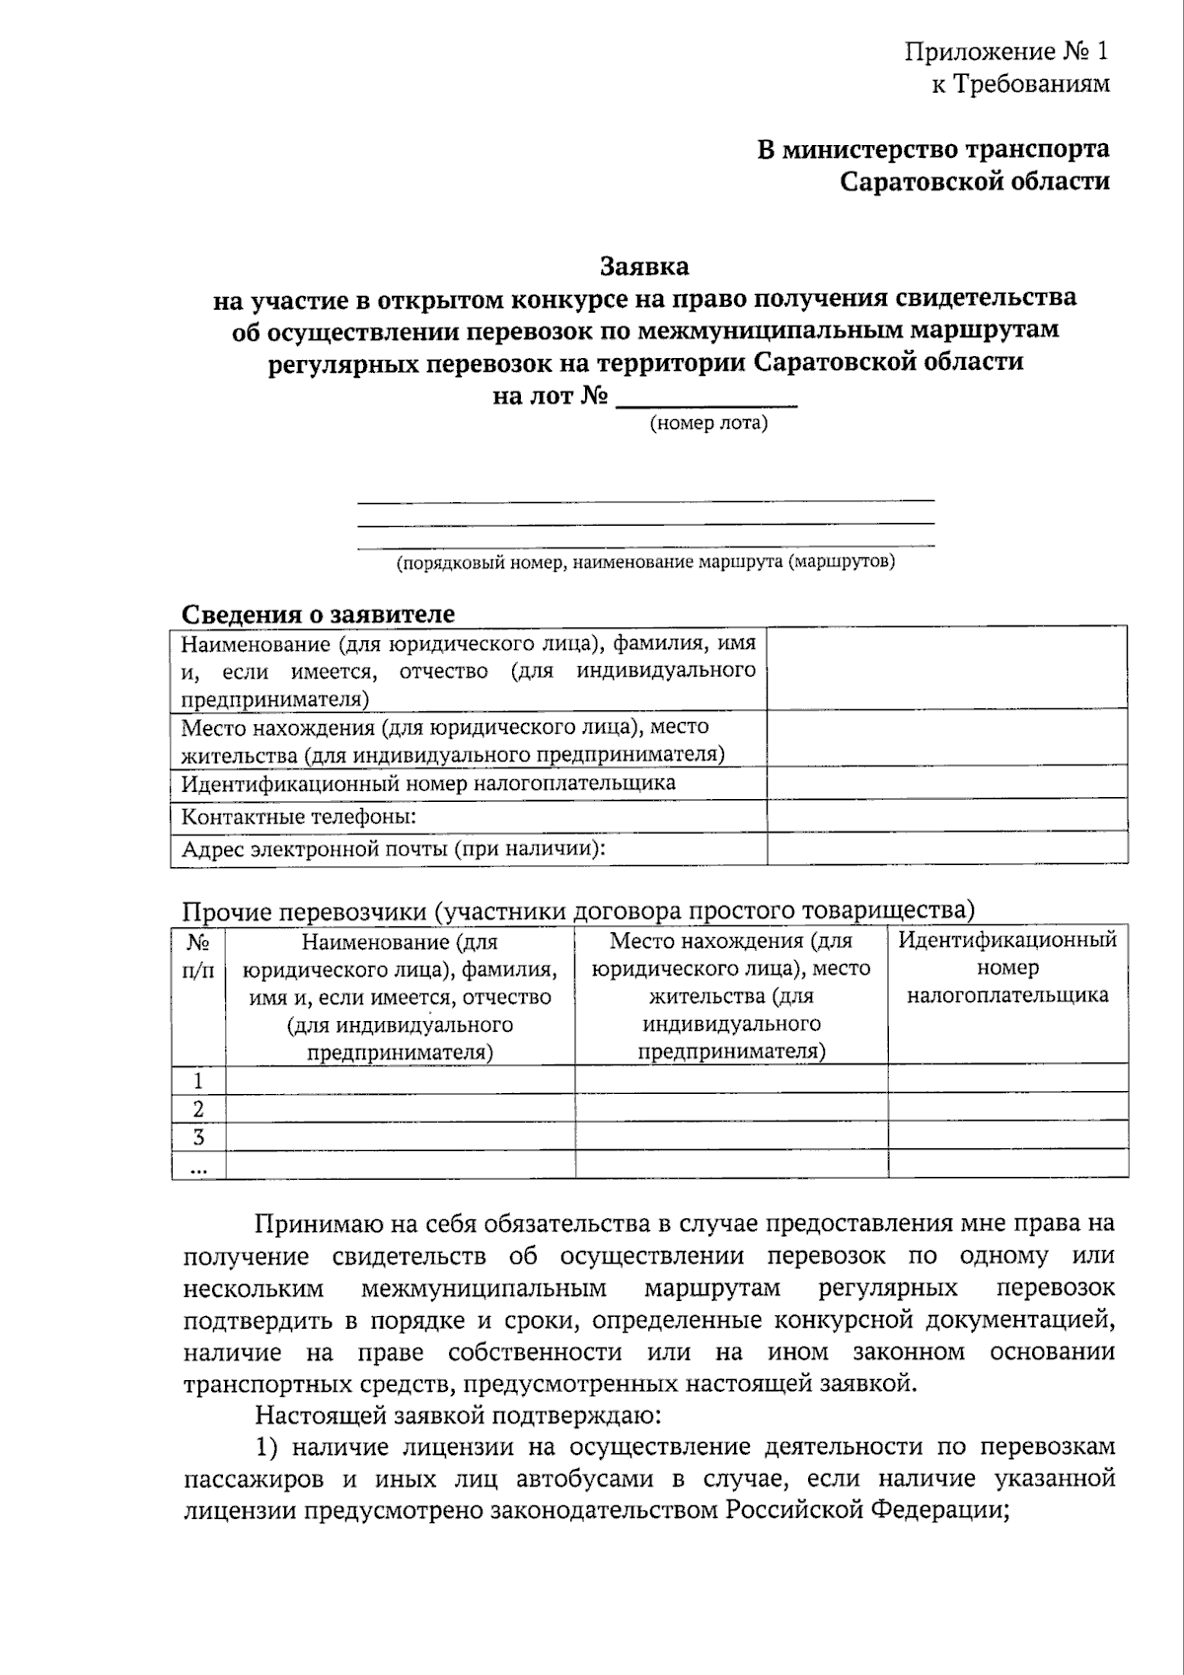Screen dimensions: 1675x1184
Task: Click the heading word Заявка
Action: (x=644, y=266)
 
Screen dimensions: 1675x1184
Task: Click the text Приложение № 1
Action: (x=1006, y=51)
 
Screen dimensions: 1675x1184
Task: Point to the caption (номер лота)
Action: (x=707, y=424)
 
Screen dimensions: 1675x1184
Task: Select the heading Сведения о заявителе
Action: (x=318, y=614)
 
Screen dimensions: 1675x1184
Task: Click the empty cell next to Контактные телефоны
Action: (x=946, y=816)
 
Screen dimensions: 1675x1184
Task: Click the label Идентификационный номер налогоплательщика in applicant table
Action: (x=428, y=783)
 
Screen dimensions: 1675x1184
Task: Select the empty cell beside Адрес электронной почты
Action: (x=946, y=848)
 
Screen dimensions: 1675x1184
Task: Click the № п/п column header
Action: (x=198, y=955)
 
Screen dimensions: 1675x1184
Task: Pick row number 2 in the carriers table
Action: (x=198, y=1108)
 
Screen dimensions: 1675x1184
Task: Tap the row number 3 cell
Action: (x=198, y=1135)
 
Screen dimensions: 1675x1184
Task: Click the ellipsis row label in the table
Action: (x=198, y=1165)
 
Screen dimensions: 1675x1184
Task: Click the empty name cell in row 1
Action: (x=400, y=1079)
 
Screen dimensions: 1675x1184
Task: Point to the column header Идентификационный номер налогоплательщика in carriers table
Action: (x=1007, y=967)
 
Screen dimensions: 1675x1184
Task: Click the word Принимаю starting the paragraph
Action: (x=308, y=1224)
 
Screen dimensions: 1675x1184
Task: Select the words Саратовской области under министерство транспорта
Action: (x=974, y=182)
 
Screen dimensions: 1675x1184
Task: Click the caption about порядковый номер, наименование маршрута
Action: (x=645, y=562)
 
